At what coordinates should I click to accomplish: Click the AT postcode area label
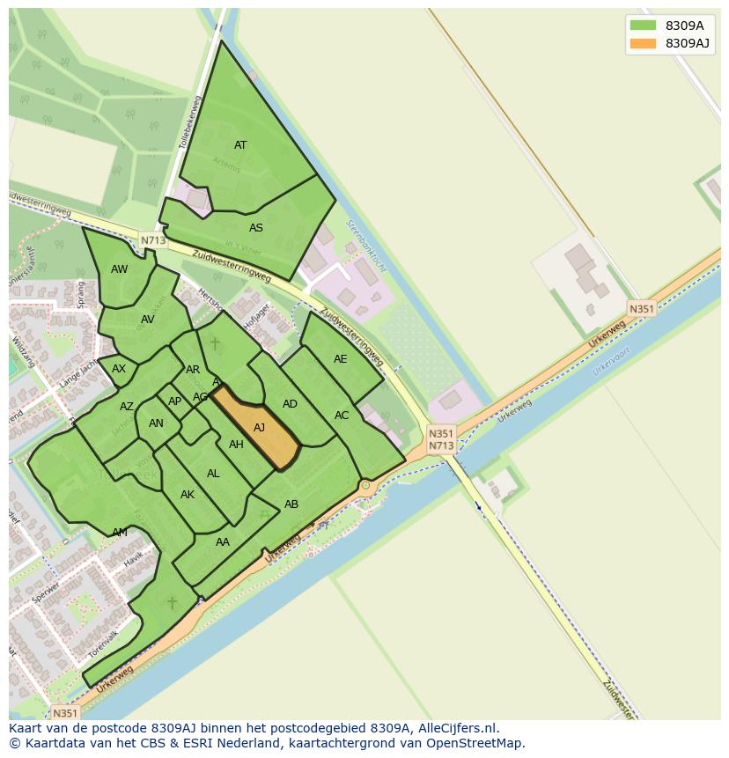tap(240, 145)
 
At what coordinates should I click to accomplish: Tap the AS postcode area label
tap(255, 228)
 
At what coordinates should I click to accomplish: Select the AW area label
tap(119, 269)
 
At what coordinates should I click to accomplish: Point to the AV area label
tap(147, 320)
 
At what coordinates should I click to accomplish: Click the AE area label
tap(340, 359)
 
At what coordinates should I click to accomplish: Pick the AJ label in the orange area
tap(259, 428)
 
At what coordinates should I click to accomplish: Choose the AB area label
tap(291, 504)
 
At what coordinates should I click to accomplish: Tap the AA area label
tap(223, 542)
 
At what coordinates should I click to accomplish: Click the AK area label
tap(187, 495)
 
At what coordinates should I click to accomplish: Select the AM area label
tap(120, 533)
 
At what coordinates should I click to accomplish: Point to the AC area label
tap(342, 416)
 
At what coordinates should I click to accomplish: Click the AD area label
tap(290, 404)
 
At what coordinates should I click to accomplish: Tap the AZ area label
tap(127, 407)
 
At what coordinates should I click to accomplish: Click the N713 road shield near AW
tap(152, 239)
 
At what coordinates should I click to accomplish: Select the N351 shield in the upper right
tap(642, 308)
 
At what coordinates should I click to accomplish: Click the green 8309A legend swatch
tap(643, 26)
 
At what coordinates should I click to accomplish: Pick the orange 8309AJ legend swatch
tap(643, 43)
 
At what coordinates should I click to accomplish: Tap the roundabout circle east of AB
tap(365, 485)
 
